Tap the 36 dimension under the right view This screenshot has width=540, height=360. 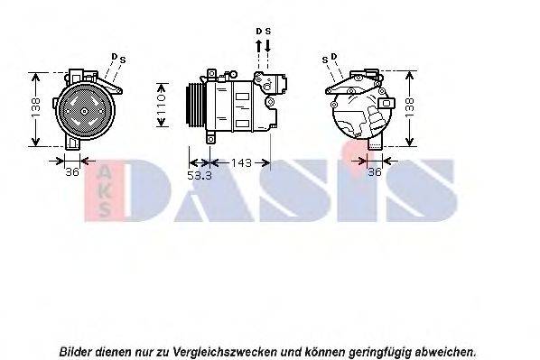[375, 172]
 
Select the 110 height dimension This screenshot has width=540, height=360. [163, 103]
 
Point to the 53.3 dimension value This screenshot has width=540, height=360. [199, 175]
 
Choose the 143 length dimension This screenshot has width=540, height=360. [240, 162]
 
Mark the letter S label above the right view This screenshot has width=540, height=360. [323, 60]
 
